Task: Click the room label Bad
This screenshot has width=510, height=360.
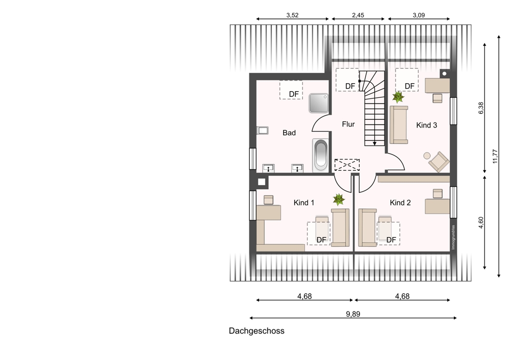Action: [x=289, y=133]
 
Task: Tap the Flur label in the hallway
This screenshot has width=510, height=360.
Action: [x=348, y=124]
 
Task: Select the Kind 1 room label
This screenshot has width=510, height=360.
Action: [x=304, y=202]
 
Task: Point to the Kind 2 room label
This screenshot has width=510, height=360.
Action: [x=400, y=202]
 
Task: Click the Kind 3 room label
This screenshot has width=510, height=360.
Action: [x=426, y=125]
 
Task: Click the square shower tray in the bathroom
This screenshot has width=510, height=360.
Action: [x=319, y=103]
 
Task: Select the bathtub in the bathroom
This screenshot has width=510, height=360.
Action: [x=321, y=155]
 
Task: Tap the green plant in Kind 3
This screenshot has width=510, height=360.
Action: [x=398, y=96]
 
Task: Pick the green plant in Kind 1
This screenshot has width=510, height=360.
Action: [x=339, y=199]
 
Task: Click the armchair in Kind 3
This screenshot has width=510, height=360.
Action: [x=439, y=161]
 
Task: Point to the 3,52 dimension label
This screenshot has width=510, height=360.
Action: [x=292, y=15]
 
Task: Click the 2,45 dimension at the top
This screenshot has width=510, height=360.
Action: [x=358, y=15]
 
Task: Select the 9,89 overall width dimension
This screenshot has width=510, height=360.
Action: [x=353, y=314]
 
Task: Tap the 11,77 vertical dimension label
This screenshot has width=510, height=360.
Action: [x=495, y=156]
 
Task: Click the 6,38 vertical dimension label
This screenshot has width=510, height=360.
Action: [x=481, y=108]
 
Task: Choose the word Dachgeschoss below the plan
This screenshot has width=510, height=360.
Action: [x=257, y=331]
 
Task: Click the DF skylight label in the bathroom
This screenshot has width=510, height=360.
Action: [x=294, y=94]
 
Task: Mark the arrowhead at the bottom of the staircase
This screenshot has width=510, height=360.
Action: [x=374, y=143]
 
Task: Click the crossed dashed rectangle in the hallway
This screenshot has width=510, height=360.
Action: [x=347, y=165]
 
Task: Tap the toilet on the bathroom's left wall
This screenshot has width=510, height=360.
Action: [x=262, y=131]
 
